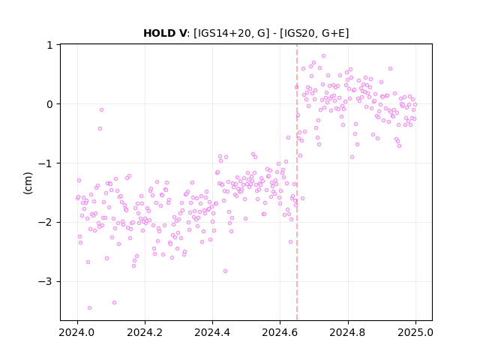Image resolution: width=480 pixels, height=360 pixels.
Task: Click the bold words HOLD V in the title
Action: (x=165, y=33)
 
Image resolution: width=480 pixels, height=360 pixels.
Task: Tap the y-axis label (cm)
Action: (x=28, y=183)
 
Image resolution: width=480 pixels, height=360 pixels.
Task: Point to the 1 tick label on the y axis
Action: (x=50, y=45)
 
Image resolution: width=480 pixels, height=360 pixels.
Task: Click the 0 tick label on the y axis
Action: (x=49, y=104)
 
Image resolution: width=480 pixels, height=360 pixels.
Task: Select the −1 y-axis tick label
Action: (x=46, y=163)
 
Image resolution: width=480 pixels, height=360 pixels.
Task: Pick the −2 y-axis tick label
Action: (x=46, y=223)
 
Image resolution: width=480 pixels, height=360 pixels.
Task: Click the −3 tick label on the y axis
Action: (x=46, y=282)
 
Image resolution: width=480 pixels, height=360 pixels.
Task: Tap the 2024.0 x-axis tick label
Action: (x=77, y=332)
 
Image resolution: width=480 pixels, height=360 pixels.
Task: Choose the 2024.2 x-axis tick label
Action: (x=145, y=332)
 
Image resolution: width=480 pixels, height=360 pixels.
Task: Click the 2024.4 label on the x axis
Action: (x=212, y=332)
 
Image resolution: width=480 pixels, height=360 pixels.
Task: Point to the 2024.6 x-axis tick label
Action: (x=280, y=332)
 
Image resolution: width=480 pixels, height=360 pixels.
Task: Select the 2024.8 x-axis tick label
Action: (x=347, y=332)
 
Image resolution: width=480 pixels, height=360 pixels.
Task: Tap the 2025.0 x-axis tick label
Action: (x=415, y=332)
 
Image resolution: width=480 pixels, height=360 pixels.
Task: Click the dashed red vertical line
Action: (x=297, y=182)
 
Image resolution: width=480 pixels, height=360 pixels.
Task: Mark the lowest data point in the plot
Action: (x=89, y=307)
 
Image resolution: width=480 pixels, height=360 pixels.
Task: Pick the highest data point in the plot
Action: (x=323, y=55)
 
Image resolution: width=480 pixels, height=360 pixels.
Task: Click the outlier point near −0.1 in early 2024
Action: (x=101, y=109)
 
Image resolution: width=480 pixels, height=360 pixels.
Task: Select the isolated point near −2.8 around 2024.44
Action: (x=225, y=271)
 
